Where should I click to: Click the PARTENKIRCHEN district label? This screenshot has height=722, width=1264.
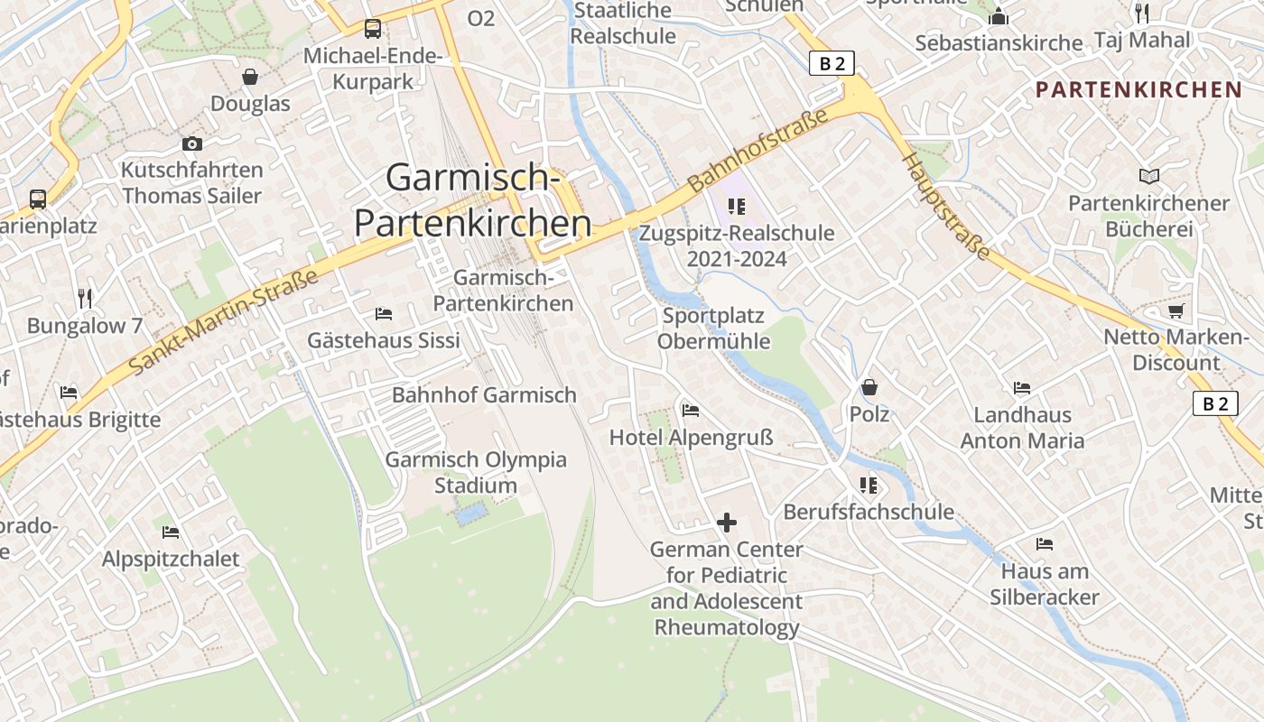coord(1139,89)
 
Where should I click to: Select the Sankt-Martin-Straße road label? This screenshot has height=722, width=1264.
coord(224,322)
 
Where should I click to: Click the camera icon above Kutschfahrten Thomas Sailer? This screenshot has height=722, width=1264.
coord(191,143)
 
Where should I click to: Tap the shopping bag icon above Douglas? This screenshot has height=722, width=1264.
coord(250,77)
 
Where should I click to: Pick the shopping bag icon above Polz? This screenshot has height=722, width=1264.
coord(869,387)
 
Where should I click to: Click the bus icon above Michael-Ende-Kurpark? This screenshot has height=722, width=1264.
coord(372,29)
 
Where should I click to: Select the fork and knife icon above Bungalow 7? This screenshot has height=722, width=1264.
coord(85,298)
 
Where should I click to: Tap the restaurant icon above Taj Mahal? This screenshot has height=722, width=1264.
coord(1142,13)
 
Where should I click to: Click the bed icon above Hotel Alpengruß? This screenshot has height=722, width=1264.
coord(691,411)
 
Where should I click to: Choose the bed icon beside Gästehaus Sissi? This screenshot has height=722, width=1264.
coord(384,314)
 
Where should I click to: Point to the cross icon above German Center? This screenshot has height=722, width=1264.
coord(727,522)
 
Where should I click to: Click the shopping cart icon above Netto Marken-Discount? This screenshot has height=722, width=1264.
coord(1176,311)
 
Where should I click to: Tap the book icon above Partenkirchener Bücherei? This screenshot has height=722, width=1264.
coord(1148,176)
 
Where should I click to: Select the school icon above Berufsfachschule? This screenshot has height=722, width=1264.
coord(869,486)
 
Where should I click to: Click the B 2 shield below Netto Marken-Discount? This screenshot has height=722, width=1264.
coord(1215,403)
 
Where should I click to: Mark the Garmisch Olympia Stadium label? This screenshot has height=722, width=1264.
coord(476,472)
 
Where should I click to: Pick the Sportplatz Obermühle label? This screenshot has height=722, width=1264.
coord(713,329)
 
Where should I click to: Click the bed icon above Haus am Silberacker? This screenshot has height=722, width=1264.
coord(1045,544)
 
